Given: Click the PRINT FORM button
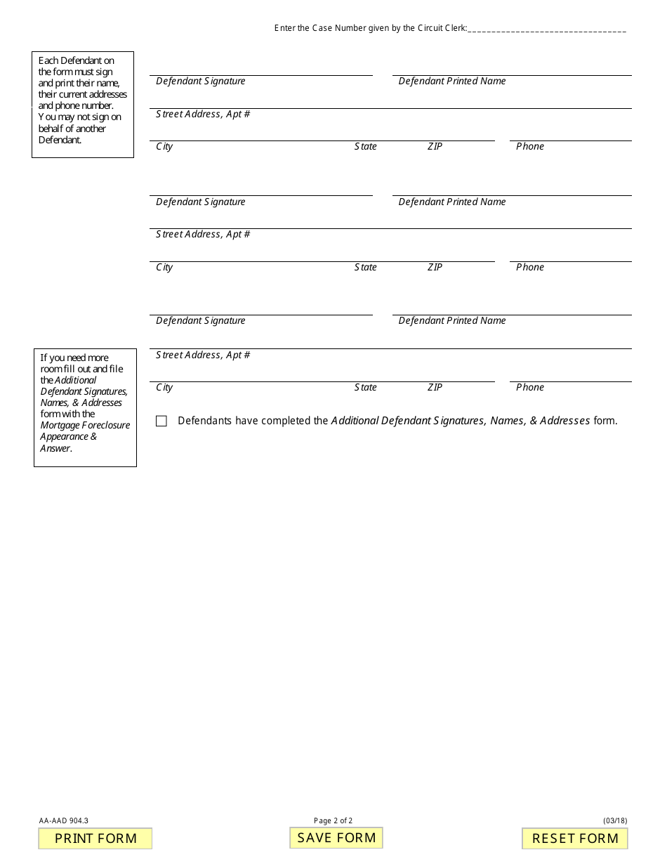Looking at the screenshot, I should click(95, 839).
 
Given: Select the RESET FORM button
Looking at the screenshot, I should click(575, 839).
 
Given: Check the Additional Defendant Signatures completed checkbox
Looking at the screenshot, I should click(161, 421).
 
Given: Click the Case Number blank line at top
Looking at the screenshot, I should click(547, 29).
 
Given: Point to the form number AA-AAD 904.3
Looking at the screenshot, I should click(64, 820).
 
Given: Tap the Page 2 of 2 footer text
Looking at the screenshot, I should click(333, 820).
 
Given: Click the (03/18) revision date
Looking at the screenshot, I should click(615, 820).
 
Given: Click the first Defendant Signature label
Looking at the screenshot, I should click(201, 81).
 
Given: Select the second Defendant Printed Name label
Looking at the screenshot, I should click(452, 202).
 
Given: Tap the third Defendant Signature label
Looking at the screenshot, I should click(201, 321).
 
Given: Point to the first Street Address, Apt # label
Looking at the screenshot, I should click(203, 114).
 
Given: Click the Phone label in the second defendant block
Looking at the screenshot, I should click(530, 268).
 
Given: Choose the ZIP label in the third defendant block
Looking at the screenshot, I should click(435, 388).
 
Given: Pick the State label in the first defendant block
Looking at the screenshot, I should click(365, 147).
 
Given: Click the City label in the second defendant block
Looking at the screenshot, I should click(164, 268).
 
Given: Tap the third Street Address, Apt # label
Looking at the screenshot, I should click(203, 355).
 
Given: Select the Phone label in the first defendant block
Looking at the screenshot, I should click(530, 147).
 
